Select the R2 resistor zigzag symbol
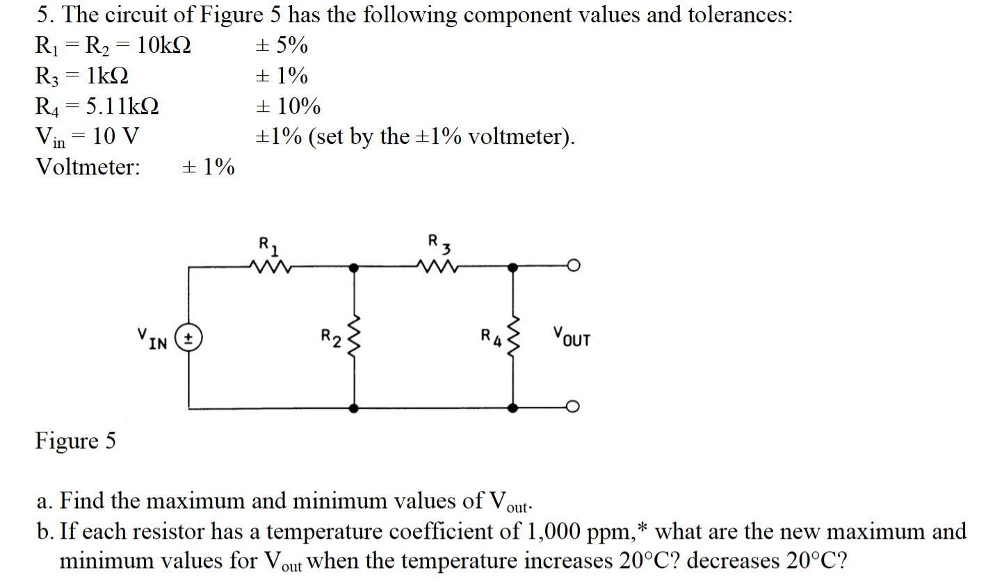tap(354, 337)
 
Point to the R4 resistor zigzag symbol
tap(513, 337)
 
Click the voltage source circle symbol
tap(188, 338)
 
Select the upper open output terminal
tap(573, 266)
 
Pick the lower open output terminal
tap(573, 407)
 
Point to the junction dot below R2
tap(354, 408)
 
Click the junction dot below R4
tap(513, 408)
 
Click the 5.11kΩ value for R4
tap(122, 106)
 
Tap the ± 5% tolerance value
tap(282, 46)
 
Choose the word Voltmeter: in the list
tap(88, 167)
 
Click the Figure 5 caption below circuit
tap(76, 441)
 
